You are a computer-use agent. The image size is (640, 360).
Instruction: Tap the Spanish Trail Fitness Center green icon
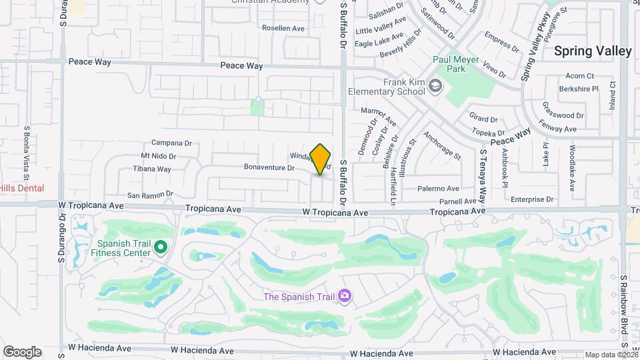160,249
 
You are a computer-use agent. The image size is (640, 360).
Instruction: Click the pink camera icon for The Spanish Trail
345,295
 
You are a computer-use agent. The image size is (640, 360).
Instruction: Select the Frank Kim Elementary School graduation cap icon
435,86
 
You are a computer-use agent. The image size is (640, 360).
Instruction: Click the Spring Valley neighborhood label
593,51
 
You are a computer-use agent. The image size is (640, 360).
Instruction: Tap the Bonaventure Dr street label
269,167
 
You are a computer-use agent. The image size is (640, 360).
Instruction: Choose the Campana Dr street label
171,143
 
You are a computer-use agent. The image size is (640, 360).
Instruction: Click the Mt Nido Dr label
158,156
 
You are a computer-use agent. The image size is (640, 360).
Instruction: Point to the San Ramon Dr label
150,195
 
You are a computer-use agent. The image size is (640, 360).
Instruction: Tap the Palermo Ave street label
438,189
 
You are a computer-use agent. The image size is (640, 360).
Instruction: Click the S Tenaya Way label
482,176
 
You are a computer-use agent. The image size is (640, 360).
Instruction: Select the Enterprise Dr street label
532,199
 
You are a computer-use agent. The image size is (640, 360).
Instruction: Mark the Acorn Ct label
579,76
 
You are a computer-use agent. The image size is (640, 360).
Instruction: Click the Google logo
22,352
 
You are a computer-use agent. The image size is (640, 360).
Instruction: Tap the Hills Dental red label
22,189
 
